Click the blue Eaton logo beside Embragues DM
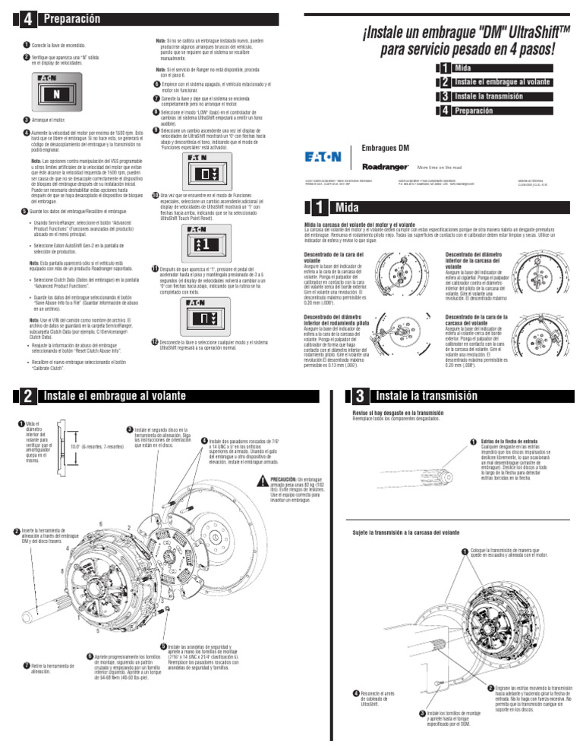click(x=323, y=158)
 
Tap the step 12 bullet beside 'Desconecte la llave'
click(x=155, y=342)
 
